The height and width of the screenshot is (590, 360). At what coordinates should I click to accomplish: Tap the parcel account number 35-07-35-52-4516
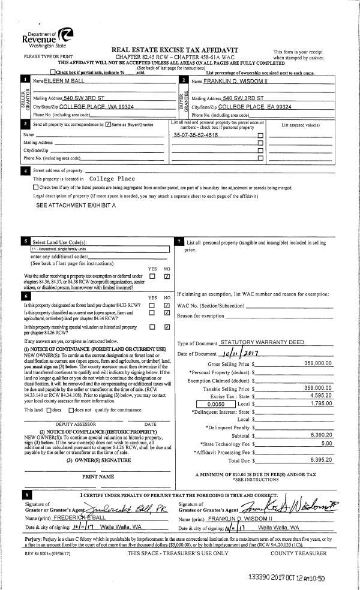195,136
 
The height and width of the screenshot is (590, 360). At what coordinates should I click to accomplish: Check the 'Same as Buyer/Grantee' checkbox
107,125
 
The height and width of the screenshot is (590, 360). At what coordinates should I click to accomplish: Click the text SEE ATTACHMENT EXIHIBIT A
76,205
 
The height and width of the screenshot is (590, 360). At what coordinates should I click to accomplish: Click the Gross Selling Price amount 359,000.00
318,363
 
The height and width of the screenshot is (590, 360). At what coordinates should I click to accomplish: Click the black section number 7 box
181,241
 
